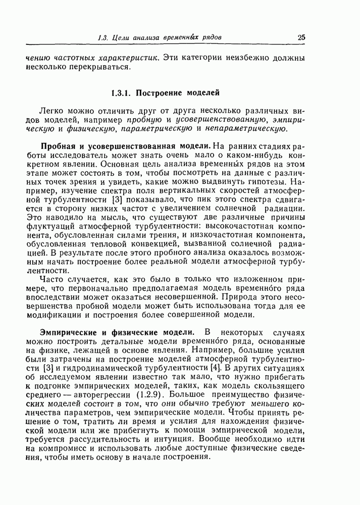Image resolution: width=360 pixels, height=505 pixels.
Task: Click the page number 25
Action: point(301,37)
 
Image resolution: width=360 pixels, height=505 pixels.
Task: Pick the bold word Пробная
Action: point(58,145)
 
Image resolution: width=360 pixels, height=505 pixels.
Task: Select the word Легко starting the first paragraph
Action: point(49,111)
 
